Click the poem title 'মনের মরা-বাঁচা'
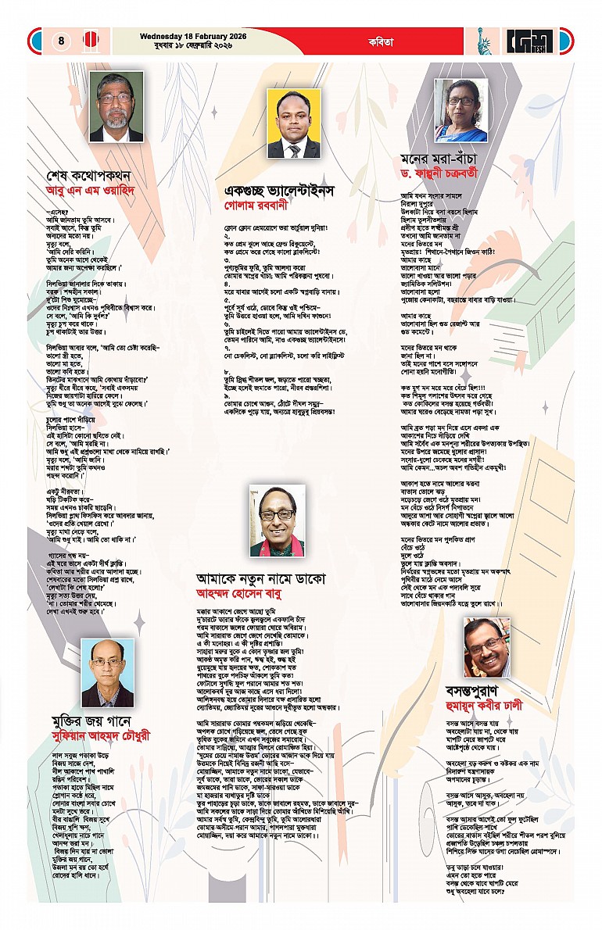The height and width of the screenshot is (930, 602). (442, 158)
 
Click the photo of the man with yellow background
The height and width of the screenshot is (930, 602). (294, 123)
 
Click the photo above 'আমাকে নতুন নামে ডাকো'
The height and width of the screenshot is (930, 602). (278, 520)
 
